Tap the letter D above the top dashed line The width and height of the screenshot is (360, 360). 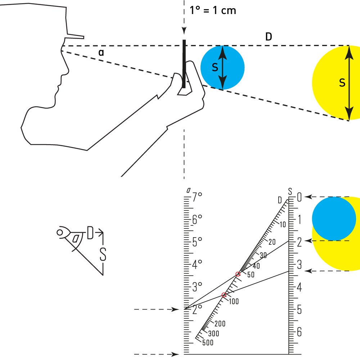coord(269,37)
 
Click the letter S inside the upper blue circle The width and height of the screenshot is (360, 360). coord(215,67)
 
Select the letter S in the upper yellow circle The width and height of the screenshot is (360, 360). coord(342,83)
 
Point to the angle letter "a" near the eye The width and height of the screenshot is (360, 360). coord(102,53)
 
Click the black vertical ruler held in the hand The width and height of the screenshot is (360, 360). coord(184,64)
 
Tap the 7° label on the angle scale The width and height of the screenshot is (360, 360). coord(197,197)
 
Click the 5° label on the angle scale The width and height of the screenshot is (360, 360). coord(197,242)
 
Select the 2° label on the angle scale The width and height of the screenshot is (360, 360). coord(197,309)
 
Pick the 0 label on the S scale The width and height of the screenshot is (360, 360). coord(299,197)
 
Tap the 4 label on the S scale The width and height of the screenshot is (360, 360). coord(299,287)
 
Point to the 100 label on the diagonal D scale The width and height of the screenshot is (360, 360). coord(233,301)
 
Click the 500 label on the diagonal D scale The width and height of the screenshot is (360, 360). coord(208,342)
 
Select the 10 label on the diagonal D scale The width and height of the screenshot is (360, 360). coord(282,225)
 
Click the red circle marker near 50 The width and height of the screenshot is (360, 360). coord(238,274)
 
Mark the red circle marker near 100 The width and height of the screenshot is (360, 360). coord(224,295)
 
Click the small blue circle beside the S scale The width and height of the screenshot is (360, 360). coord(334,219)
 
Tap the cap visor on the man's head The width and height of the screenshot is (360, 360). coord(75,36)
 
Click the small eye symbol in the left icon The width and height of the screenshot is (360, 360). coord(60,233)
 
